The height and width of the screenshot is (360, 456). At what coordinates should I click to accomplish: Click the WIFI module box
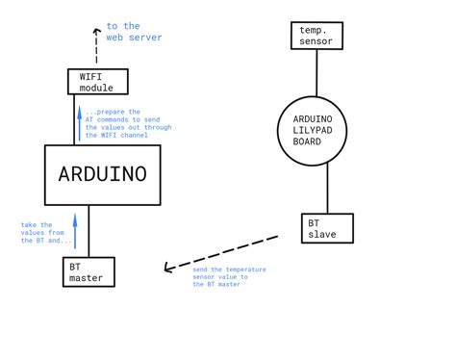coord(96,81)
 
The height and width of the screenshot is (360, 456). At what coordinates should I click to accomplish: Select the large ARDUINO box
coord(103,174)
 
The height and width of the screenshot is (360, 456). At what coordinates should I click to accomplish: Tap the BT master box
coord(89,271)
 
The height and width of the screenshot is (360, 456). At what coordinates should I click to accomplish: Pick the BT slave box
coord(327,228)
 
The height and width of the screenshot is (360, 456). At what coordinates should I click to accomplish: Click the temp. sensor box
coord(317,36)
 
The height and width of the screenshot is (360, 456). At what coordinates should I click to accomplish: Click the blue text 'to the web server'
coord(134,32)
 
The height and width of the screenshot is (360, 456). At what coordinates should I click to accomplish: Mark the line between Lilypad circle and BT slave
coord(327,189)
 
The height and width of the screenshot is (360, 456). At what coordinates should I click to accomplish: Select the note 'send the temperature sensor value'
coord(229,276)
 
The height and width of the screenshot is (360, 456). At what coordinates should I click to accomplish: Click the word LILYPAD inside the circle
coord(318,129)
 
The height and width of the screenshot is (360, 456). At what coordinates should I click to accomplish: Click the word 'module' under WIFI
coord(96,88)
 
